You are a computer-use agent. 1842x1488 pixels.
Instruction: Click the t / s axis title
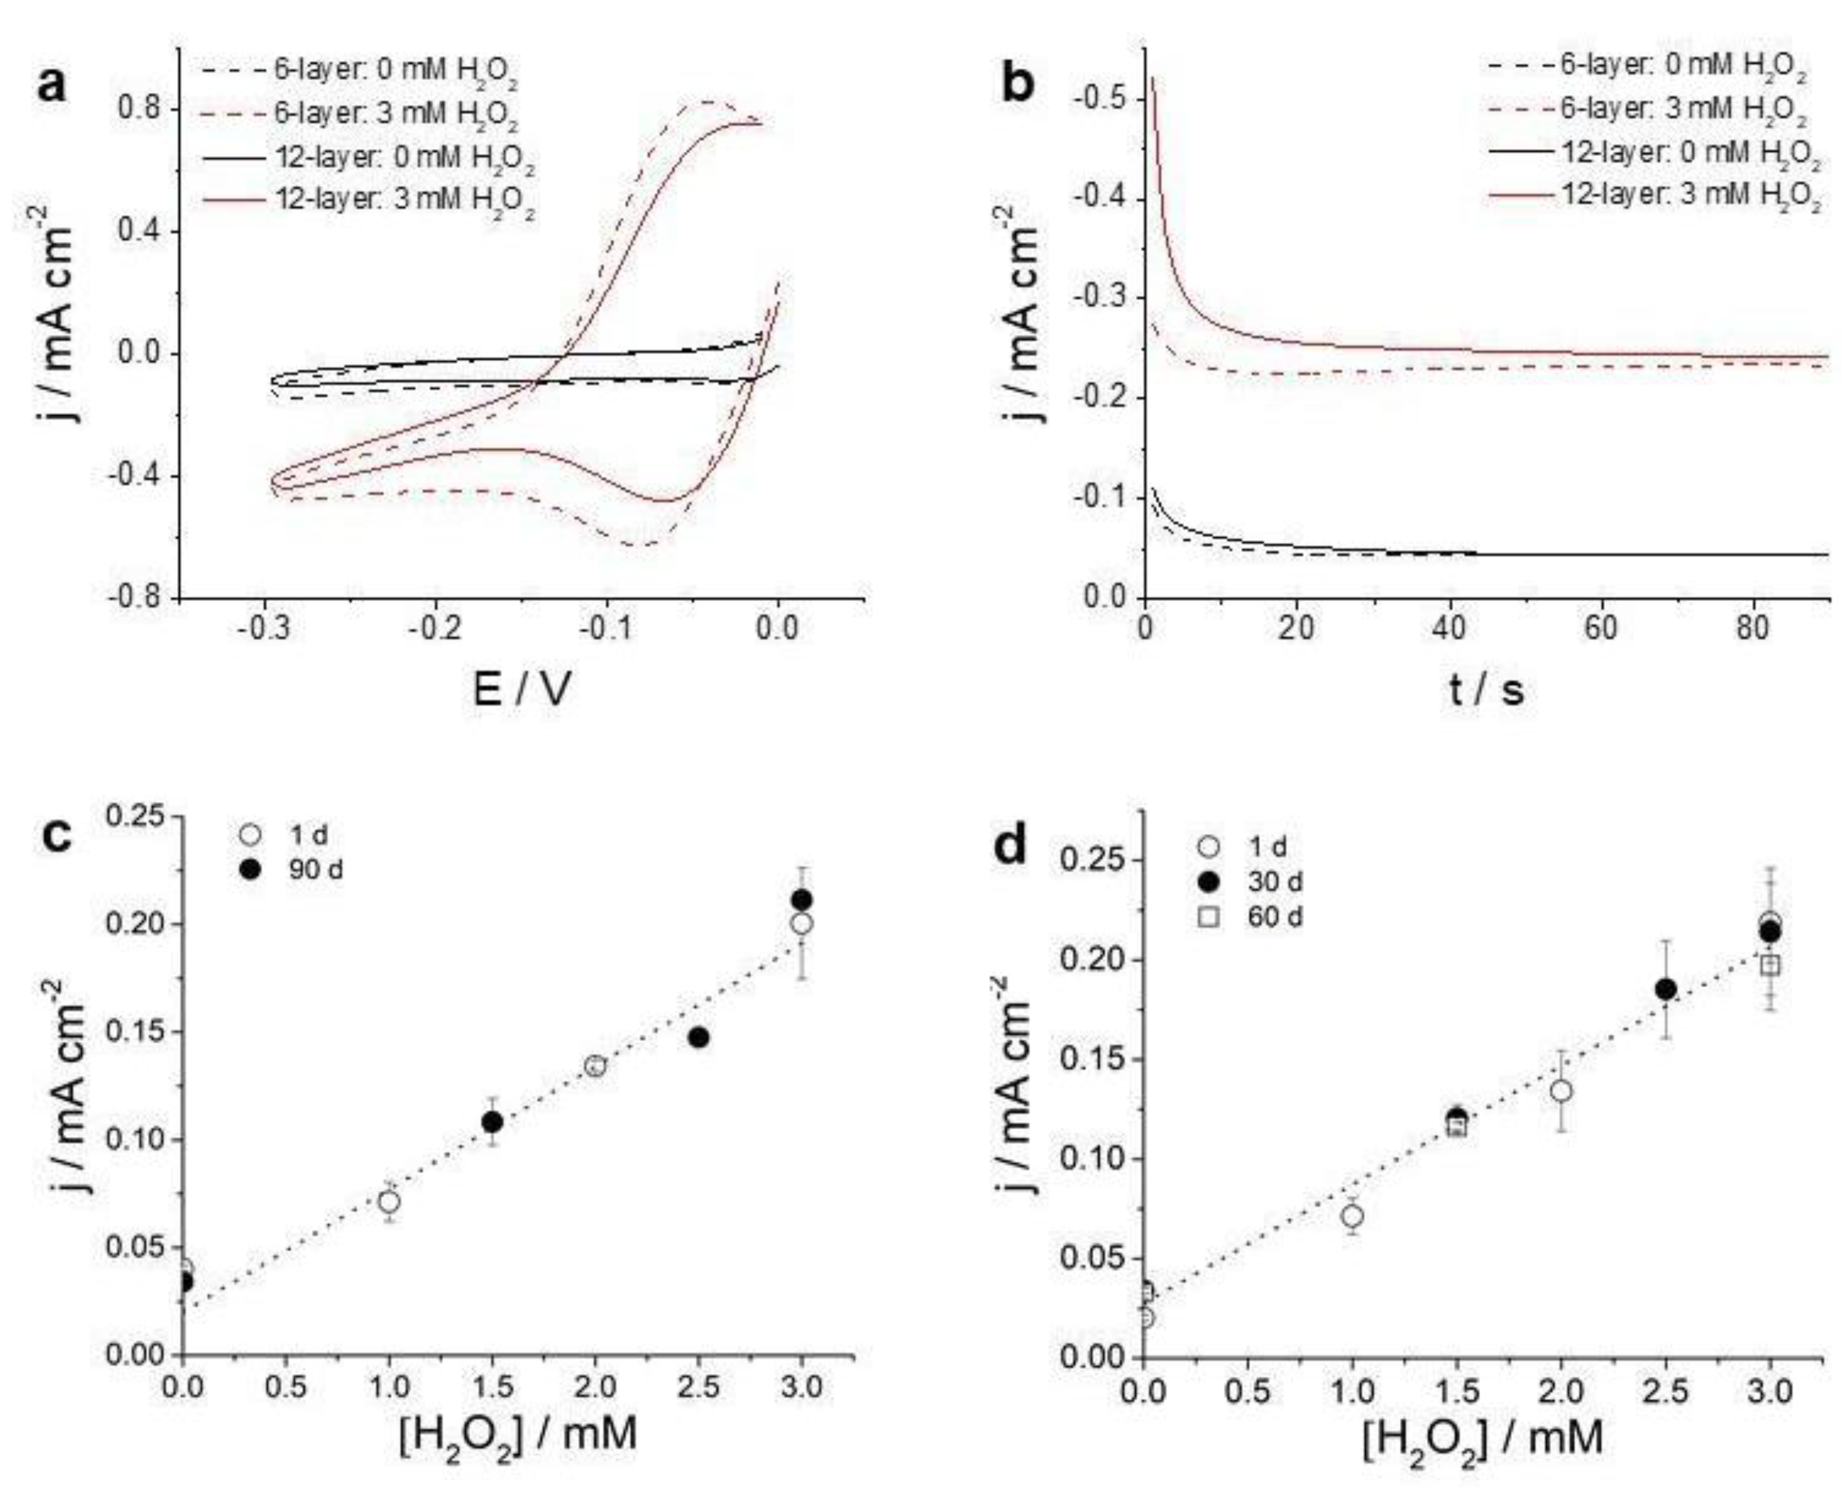[x=1487, y=688]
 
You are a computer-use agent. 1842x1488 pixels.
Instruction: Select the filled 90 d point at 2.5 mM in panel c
[x=698, y=1037]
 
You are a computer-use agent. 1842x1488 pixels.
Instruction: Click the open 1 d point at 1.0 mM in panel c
[x=389, y=1202]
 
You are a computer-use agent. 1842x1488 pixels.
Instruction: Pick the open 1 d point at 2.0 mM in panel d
[x=1562, y=1090]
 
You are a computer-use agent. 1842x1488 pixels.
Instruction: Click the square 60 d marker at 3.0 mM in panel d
[x=1769, y=965]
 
